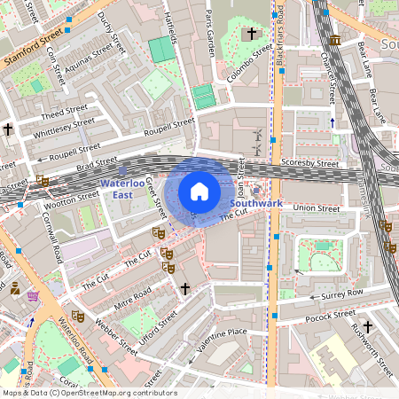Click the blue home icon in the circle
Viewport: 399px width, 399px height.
point(199,191)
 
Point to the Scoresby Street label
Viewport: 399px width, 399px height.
point(310,164)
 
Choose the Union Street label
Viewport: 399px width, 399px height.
point(317,208)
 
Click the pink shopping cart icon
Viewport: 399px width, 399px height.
point(34,295)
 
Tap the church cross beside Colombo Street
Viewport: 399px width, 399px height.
point(251,34)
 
